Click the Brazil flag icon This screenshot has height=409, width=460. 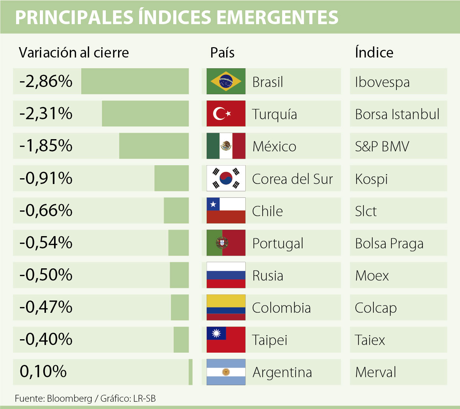click(226, 81)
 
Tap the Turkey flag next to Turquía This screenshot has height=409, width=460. click(226, 113)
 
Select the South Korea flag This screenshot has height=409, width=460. click(226, 178)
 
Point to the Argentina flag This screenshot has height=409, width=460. click(226, 372)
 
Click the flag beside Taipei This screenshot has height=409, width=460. click(226, 340)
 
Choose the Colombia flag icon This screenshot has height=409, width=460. click(226, 307)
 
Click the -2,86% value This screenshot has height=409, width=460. click(46, 81)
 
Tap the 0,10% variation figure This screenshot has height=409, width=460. click(43, 371)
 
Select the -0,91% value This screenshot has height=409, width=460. click(46, 178)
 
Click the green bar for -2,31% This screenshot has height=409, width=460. click(145, 113)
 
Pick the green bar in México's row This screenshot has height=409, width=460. click(154, 146)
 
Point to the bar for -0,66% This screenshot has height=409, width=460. click(176, 210)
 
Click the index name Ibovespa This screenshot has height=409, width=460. click(382, 82)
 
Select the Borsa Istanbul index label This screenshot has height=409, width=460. click(397, 114)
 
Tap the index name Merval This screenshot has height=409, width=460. click(376, 372)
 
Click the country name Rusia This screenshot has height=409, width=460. click(268, 276)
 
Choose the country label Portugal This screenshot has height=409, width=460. click(278, 243)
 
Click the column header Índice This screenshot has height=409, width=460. click(374, 53)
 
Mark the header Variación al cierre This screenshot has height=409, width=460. click(74, 53)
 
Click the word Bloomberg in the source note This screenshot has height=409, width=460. click(69, 399)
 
